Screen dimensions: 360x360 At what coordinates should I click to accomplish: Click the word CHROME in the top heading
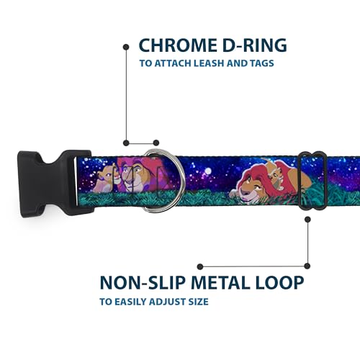[x=177, y=45]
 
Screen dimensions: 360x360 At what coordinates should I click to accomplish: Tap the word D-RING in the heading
[x=255, y=45]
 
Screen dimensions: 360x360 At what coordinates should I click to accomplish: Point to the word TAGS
[x=262, y=63]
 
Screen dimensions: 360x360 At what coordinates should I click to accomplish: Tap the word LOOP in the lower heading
[x=280, y=282]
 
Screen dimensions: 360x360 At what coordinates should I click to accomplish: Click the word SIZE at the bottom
[x=198, y=302]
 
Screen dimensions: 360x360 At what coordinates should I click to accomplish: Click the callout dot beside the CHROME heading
[x=126, y=47]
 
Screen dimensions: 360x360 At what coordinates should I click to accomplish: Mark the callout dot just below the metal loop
[x=307, y=220]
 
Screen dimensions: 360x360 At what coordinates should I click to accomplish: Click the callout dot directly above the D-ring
[x=156, y=143]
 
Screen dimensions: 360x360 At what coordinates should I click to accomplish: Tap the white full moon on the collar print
[x=208, y=171]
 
